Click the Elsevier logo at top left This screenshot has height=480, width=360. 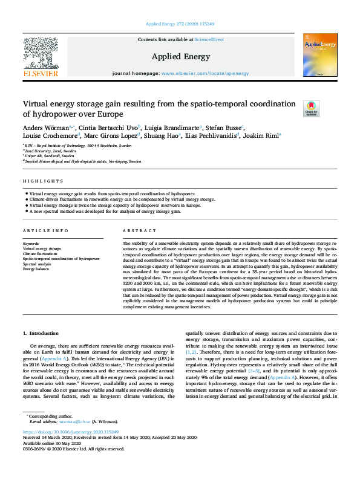pyautogui.click(x=41, y=55)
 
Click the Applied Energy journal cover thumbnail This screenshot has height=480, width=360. pyautogui.click(x=320, y=55)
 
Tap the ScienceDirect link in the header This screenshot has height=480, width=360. pyautogui.click(x=209, y=40)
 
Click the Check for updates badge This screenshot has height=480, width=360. pyautogui.click(x=311, y=108)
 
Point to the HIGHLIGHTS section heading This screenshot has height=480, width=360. pyautogui.click(x=43, y=181)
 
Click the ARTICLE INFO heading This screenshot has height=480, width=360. pyautogui.click(x=45, y=232)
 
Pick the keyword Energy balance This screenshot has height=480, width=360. pyautogui.click(x=37, y=268)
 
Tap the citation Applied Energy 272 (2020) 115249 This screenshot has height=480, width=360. pyautogui.click(x=180, y=25)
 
